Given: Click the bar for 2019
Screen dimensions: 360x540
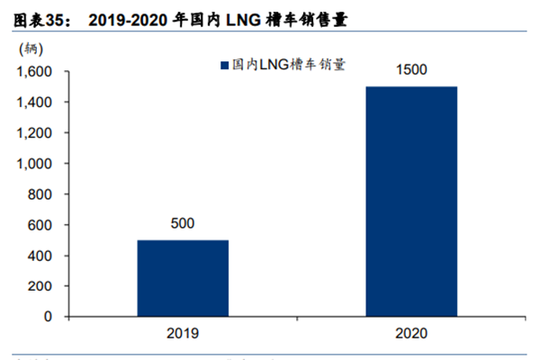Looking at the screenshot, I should [183, 278].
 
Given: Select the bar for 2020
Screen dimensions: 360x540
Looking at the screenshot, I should [411, 202].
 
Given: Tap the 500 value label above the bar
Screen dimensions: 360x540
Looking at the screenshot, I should [183, 223].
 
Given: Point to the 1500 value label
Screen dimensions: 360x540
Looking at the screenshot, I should [411, 69].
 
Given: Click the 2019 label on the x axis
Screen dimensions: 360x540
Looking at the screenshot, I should [183, 333].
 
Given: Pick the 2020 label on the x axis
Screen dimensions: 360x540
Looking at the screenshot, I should [411, 333].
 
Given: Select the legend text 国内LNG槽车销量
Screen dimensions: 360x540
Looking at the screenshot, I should [289, 65].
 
